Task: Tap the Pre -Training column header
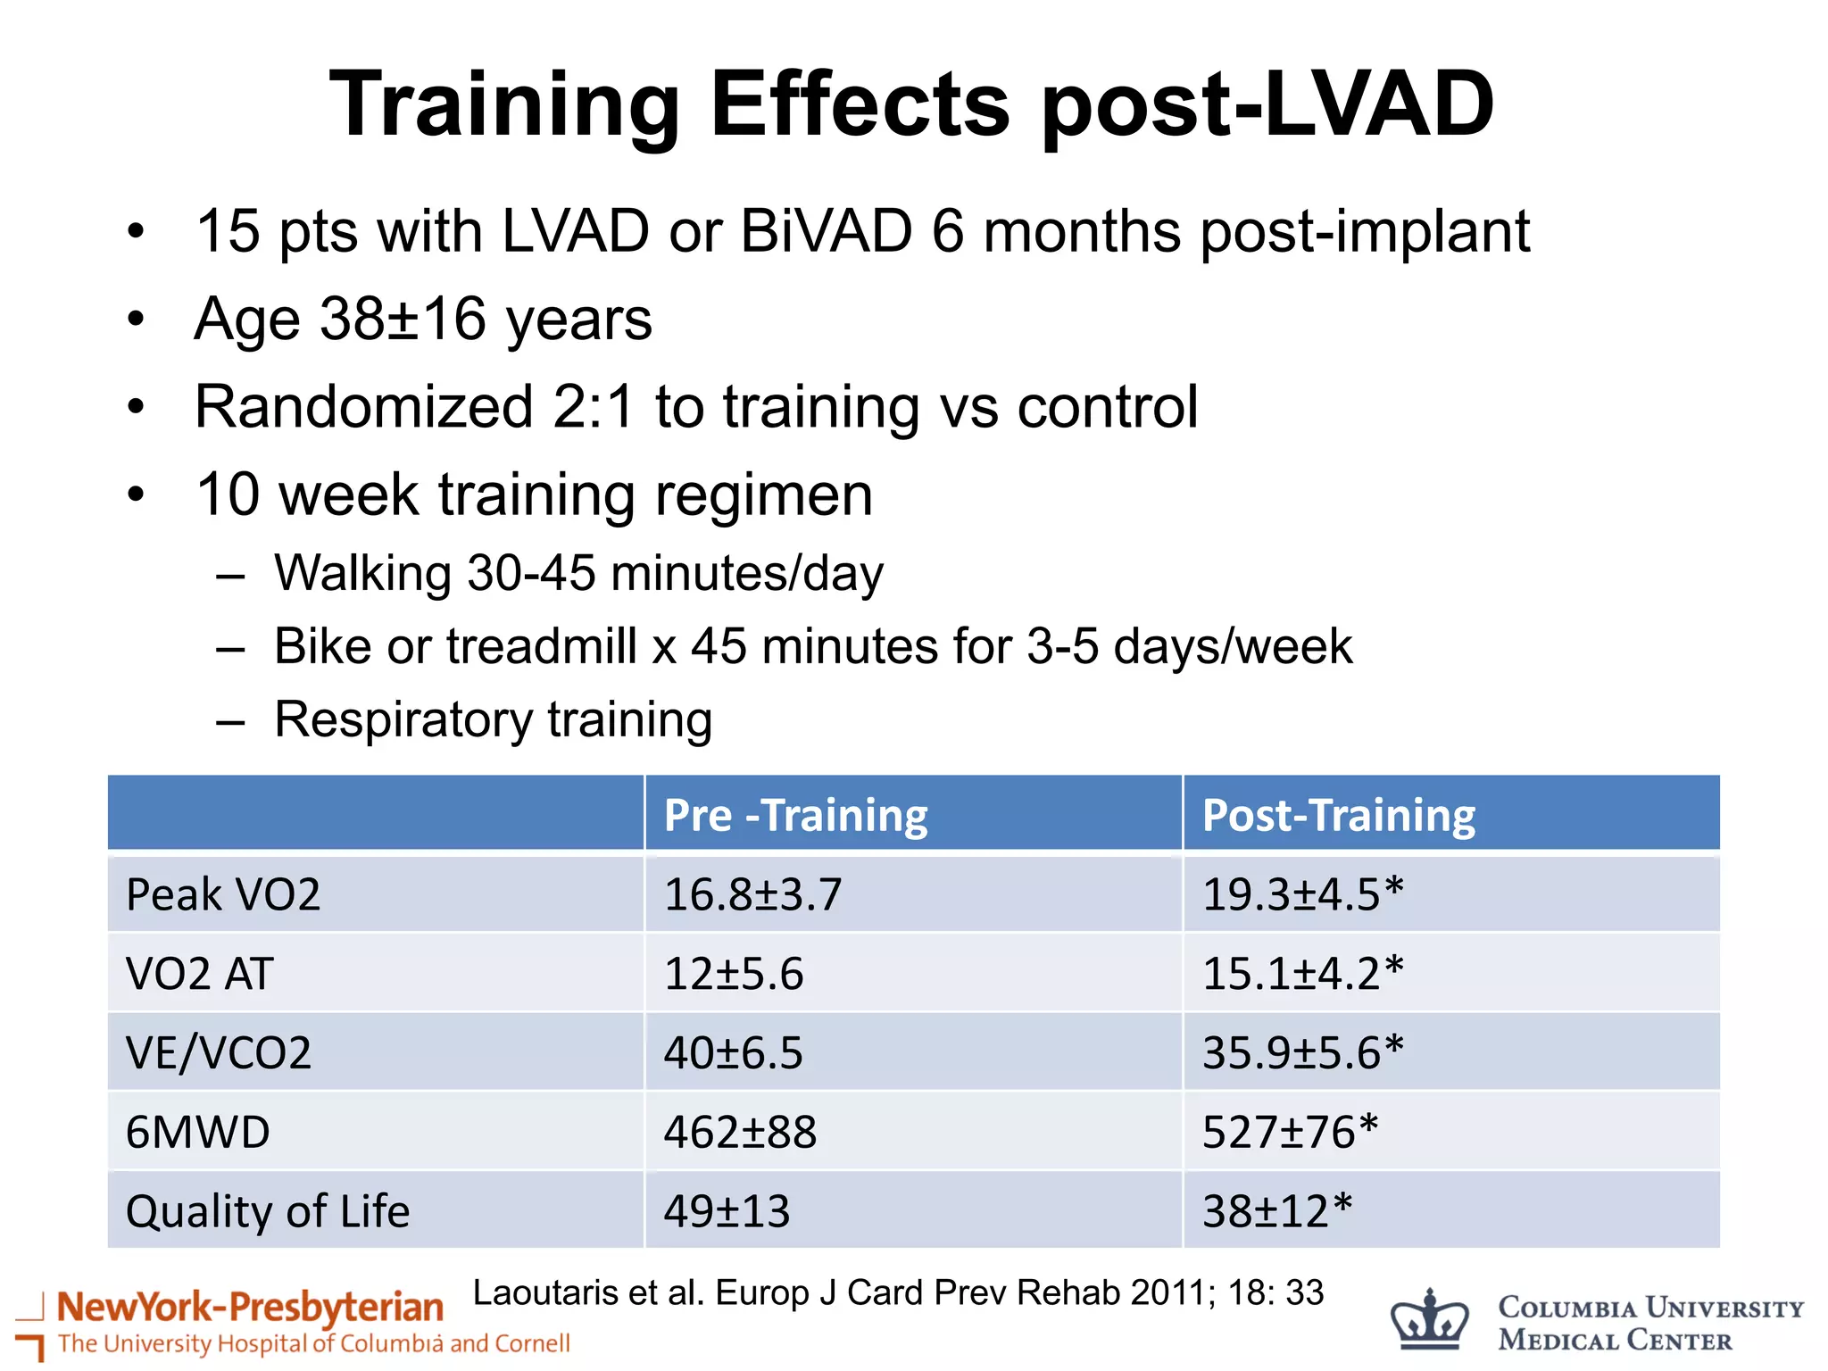pos(795,815)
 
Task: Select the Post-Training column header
pos(1338,815)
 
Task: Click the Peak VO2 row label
pos(223,894)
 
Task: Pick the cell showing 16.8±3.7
pos(752,894)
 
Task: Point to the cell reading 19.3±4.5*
pos(1302,894)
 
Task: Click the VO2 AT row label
pos(199,973)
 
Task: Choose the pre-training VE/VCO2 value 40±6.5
pos(733,1052)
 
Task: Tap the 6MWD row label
pos(197,1132)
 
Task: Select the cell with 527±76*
pos(1290,1132)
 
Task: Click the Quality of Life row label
pos(268,1211)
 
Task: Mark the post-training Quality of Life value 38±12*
pos(1276,1211)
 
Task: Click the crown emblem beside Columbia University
pos(1429,1321)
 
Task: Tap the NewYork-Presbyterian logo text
pos(250,1308)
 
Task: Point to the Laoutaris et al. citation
pos(897,1292)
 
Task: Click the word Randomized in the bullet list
pos(363,407)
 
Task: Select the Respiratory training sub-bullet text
pos(493,719)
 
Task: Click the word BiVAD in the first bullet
pos(826,231)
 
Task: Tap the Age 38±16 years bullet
pos(423,319)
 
